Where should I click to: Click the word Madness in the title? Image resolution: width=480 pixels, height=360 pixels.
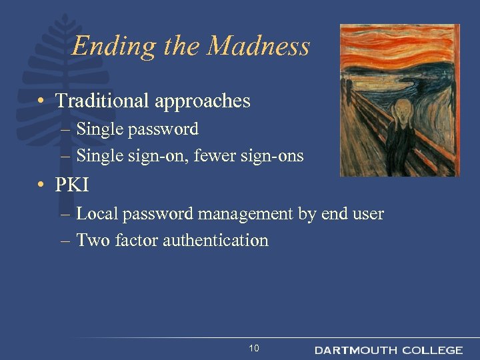[259, 46]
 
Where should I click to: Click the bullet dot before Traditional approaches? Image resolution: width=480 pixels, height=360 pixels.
[41, 101]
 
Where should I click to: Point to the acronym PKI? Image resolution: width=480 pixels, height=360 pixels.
[72, 184]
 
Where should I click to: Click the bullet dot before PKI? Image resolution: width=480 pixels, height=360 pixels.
[41, 185]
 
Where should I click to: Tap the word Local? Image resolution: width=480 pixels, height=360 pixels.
[95, 214]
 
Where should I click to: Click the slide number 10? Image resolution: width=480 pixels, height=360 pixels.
[253, 349]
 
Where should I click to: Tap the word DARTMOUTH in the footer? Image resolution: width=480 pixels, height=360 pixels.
[355, 350]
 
